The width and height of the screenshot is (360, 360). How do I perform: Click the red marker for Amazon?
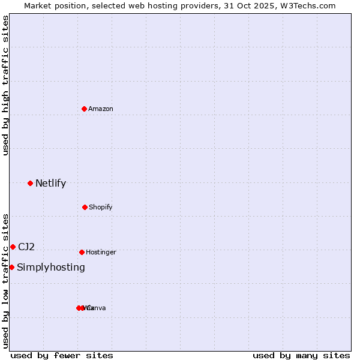coord(84,109)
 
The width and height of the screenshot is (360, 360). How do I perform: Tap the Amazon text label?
coord(101,109)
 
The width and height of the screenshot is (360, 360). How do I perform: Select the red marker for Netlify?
coord(30,183)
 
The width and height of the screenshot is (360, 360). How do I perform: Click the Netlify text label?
coord(50,184)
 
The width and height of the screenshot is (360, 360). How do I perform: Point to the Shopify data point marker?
coord(85,207)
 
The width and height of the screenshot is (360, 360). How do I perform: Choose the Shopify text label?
coord(101,208)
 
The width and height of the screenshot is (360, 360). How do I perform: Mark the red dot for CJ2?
coord(13,247)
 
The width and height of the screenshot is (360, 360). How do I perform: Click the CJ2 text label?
coord(26,247)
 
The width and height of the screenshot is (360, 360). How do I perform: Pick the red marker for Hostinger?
coord(82,252)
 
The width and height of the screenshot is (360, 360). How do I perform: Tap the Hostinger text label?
coord(101,253)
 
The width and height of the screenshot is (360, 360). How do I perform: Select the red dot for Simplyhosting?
coord(11,267)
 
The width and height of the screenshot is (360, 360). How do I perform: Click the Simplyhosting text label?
coord(51,268)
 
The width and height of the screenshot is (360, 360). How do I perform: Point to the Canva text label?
coord(96,308)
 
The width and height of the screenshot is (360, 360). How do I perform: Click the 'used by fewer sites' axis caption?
coord(62,356)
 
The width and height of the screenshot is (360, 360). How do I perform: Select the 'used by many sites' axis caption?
coord(301,356)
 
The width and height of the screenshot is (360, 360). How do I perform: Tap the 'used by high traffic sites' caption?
coord(6,85)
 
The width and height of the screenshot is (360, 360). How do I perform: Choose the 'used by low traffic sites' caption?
coord(6,281)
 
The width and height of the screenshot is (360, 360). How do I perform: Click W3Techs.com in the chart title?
coord(309,5)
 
